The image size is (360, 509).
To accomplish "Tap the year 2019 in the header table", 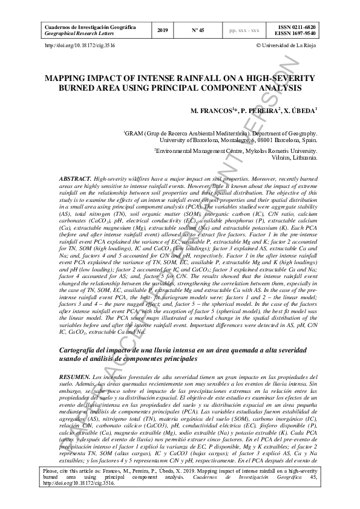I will click(x=163, y=30).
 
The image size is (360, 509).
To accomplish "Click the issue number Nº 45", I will click(x=198, y=30).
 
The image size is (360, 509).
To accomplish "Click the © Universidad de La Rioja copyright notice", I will click(x=287, y=45).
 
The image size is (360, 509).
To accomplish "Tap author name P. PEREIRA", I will click(x=259, y=112).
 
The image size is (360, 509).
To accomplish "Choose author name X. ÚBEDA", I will click(x=299, y=112).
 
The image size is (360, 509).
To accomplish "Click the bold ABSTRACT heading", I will click(x=76, y=180).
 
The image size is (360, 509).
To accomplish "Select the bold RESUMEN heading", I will click(x=75, y=376).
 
